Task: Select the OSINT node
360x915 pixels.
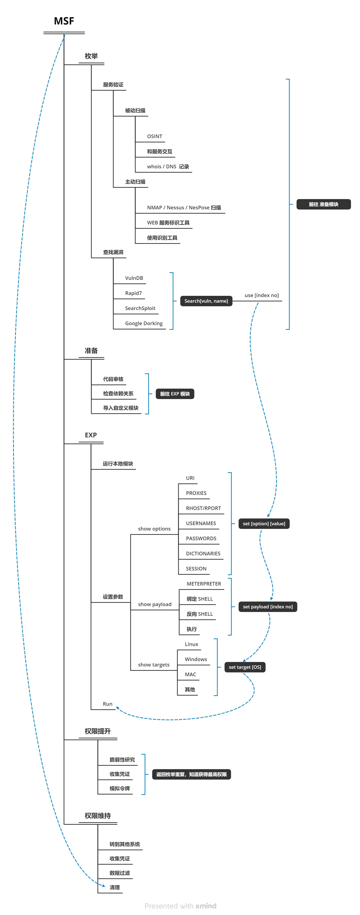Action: (155, 136)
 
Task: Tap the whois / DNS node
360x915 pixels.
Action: (168, 167)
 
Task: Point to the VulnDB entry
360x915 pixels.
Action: (134, 278)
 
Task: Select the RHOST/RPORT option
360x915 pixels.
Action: (203, 508)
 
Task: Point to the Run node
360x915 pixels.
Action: (107, 704)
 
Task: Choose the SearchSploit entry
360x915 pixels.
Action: (140, 308)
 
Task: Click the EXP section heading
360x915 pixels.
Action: (91, 435)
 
